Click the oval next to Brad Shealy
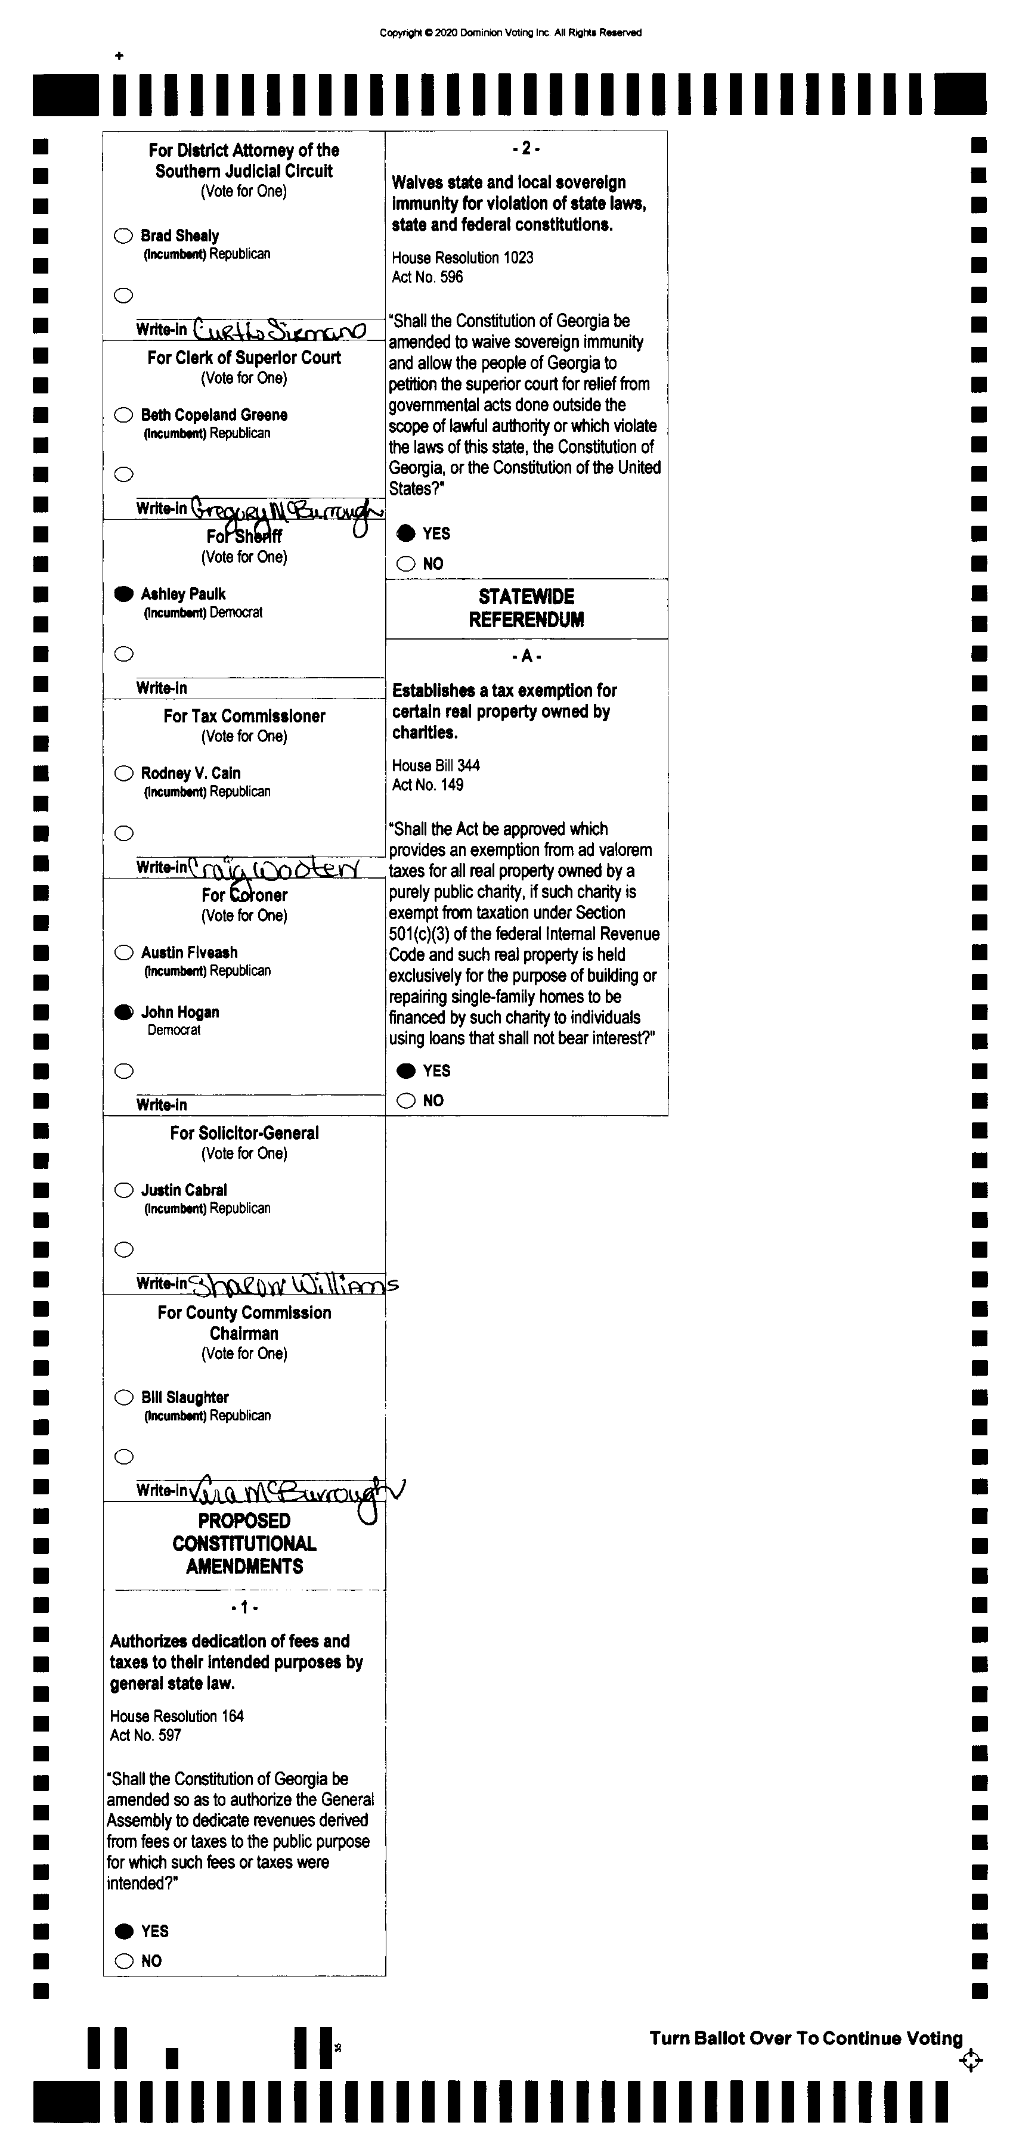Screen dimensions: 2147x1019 [x=123, y=236]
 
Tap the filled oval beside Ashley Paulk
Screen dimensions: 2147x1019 [x=123, y=594]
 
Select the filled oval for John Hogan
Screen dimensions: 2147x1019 [x=123, y=1013]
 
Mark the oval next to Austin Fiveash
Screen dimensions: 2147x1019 [x=123, y=953]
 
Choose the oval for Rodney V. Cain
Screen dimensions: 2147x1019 [x=123, y=774]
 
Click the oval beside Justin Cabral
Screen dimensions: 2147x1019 [x=123, y=1190]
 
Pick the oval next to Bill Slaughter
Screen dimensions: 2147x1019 [x=123, y=1398]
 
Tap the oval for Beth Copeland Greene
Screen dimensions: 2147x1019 [x=123, y=415]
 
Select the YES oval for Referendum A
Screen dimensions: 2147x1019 [x=406, y=1071]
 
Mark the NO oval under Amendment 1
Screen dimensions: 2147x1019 [x=124, y=1961]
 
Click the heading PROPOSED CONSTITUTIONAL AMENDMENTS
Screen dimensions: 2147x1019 [x=244, y=1544]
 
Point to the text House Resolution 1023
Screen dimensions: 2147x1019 [x=463, y=257]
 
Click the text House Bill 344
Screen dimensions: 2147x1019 [x=436, y=765]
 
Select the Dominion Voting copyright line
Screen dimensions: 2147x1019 [x=510, y=33]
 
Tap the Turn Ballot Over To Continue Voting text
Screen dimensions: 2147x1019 [x=806, y=2039]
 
